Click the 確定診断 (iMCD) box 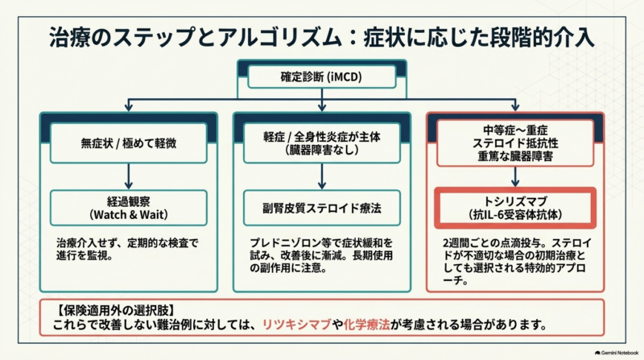(321, 77)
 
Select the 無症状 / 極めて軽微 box (129, 143)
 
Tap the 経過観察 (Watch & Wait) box (129, 208)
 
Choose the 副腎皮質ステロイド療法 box (321, 208)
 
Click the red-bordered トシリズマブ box (515, 208)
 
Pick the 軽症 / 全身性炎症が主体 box (321, 143)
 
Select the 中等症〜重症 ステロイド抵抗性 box (515, 143)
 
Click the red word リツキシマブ (296, 325)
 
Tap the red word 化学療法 (366, 325)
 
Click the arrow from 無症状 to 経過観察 (129, 176)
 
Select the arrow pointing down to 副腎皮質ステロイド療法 (321, 176)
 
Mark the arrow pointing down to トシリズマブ (515, 176)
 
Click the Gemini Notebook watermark (617, 353)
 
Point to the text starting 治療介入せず (127, 249)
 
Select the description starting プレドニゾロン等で (321, 255)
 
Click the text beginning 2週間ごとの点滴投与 (517, 262)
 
